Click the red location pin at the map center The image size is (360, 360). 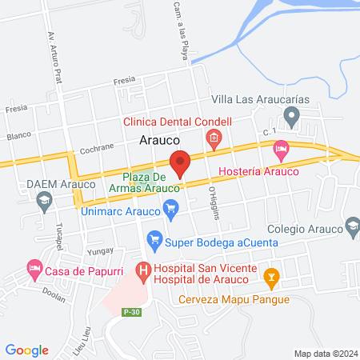(181, 162)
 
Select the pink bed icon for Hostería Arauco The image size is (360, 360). (281, 148)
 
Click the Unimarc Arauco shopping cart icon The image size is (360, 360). (170, 209)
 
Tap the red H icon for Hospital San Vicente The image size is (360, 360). (143, 271)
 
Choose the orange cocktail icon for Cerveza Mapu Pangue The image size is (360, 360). (271, 277)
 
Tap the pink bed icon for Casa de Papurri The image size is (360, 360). (34, 270)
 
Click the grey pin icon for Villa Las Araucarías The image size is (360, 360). (292, 118)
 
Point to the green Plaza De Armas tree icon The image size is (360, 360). (142, 189)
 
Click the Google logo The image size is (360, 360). (27, 350)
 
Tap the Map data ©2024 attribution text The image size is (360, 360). (325, 353)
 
